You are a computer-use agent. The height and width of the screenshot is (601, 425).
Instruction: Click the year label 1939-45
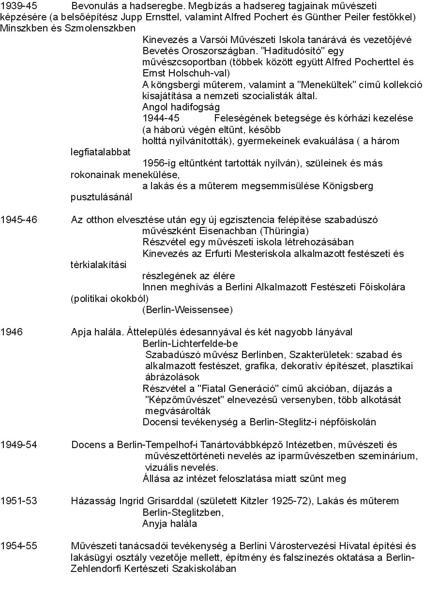point(18,6)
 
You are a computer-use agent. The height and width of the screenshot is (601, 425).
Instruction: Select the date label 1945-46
point(18,219)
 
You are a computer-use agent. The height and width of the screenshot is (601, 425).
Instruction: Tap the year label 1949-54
point(18,445)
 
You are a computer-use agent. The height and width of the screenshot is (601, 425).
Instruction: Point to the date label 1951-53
point(18,501)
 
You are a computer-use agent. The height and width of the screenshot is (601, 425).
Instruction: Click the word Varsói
point(203,39)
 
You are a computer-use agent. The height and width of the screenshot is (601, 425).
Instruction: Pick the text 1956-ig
point(158,163)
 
